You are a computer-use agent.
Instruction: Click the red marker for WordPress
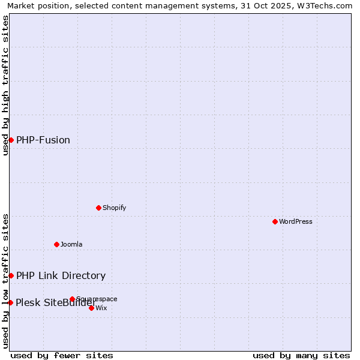275,221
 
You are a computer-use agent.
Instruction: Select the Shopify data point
99,208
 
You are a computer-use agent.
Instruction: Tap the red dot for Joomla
57,244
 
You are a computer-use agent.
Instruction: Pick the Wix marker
91,308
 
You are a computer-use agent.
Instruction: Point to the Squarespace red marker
72,299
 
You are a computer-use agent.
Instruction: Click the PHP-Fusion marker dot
11,140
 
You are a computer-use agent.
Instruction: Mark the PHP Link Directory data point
11,275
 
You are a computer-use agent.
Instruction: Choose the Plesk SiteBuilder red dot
10,302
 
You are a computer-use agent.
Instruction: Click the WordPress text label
296,221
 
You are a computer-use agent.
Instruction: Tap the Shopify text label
115,208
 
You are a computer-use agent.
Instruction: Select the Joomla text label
71,244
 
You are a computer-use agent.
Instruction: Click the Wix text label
101,308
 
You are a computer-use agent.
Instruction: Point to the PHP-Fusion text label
43,140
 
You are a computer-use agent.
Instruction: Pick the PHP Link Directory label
61,276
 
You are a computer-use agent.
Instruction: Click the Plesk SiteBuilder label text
56,302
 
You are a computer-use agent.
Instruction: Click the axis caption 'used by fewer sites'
62,355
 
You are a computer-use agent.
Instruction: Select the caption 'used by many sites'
301,355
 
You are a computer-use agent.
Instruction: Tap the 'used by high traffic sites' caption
5,85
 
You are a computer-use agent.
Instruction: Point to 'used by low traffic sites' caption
5,281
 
